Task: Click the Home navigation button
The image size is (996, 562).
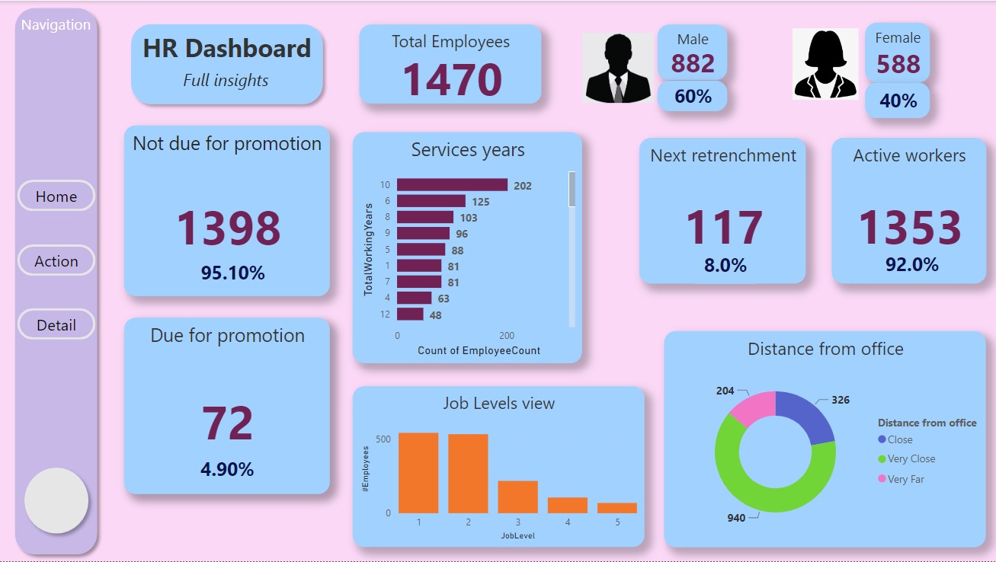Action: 56,196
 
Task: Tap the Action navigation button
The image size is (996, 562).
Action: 56,261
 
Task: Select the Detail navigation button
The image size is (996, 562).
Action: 56,325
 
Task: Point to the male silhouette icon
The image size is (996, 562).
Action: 618,68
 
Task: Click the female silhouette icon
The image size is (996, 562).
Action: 825,64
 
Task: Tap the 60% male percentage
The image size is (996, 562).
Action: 693,97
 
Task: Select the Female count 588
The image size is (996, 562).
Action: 898,65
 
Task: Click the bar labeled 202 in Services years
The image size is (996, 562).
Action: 452,185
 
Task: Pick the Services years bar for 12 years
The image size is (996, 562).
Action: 410,315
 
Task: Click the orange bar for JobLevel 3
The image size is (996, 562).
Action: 517,497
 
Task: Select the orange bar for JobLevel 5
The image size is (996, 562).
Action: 616,508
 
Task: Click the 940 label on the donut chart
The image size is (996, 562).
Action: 736,518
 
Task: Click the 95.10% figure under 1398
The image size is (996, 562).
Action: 232,273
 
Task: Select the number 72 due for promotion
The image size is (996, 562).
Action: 227,423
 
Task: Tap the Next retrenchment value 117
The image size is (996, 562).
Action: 723,227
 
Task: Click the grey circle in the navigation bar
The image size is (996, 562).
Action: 56,500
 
